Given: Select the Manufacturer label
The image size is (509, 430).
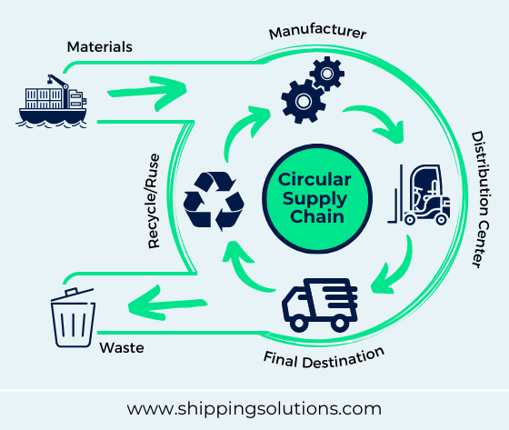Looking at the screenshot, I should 317,33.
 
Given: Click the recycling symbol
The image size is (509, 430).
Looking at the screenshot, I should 215,199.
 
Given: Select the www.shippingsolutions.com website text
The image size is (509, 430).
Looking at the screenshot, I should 254,408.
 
